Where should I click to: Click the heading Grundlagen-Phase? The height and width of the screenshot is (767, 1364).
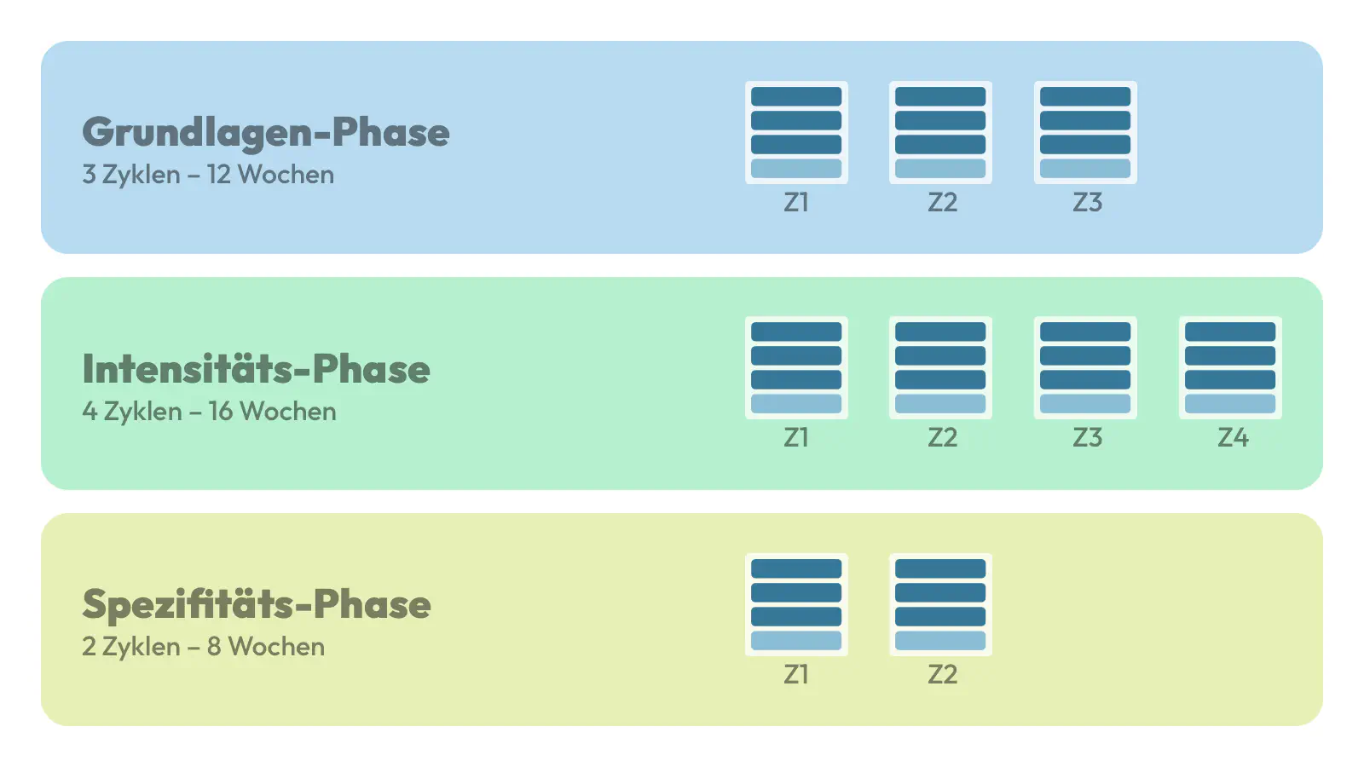(x=265, y=133)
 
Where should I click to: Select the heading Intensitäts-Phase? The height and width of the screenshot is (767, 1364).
(x=257, y=368)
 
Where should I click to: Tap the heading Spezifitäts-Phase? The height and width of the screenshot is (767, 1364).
(x=257, y=605)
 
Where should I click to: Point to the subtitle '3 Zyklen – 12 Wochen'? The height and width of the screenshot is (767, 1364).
(x=208, y=175)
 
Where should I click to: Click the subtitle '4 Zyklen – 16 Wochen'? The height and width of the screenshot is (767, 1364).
(x=210, y=412)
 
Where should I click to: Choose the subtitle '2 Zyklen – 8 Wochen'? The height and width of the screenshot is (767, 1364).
(x=204, y=647)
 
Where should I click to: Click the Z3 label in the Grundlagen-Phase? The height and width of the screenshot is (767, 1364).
(x=1088, y=203)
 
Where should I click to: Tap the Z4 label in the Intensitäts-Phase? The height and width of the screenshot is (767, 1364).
(x=1233, y=438)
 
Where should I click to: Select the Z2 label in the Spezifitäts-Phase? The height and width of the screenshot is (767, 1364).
(x=943, y=674)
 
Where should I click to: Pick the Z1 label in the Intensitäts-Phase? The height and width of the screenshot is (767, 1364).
(x=796, y=438)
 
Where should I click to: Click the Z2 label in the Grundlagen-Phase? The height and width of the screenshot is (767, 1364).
(x=943, y=203)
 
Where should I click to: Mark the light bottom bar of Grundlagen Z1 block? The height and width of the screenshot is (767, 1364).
(x=796, y=169)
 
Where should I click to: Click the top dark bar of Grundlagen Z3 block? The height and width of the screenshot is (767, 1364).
(x=1085, y=96)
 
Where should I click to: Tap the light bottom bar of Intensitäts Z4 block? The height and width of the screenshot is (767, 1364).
(x=1230, y=404)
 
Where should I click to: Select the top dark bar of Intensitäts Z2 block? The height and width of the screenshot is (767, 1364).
(x=940, y=332)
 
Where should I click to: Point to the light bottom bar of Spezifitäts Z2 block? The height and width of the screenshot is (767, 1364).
(x=940, y=640)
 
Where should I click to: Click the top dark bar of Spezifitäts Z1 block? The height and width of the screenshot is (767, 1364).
(x=796, y=568)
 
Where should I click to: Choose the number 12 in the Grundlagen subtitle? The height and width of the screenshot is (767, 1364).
(x=218, y=175)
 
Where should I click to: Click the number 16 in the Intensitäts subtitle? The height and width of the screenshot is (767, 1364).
(x=221, y=412)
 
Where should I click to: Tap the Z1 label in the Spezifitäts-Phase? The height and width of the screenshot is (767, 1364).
(x=796, y=674)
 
